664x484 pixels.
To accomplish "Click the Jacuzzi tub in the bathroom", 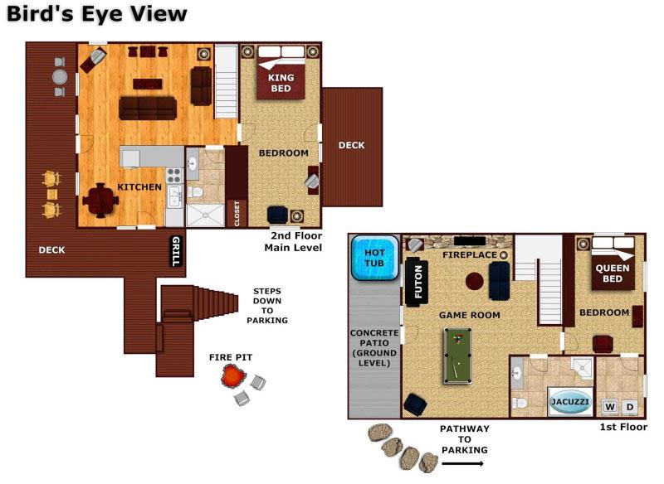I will pos(570,402).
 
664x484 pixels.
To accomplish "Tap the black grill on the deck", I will pos(175,251).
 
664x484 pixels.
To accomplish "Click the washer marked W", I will pos(610,407).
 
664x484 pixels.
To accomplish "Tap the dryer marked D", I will pos(630,407).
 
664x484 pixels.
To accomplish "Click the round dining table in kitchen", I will pos(100,199).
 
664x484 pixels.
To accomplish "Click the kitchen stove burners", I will pos(174,175).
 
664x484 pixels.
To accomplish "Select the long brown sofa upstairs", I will pos(148,108).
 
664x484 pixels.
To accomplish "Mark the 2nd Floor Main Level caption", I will pos(292,242).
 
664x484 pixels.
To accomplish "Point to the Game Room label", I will pos(470,315).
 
